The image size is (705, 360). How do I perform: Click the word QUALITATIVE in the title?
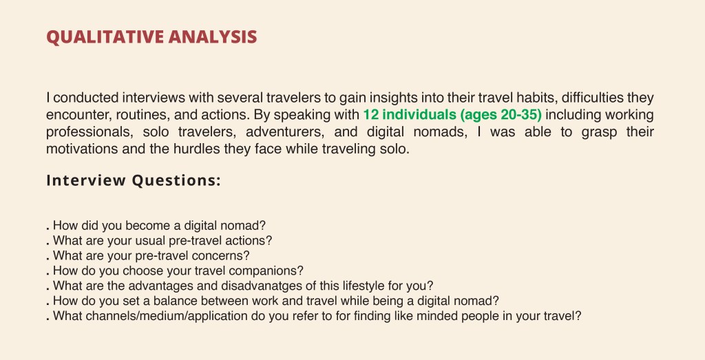point(105,37)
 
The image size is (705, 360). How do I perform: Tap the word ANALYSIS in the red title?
point(213,37)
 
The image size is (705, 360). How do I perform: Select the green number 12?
point(371,114)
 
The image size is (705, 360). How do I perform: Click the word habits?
point(537,98)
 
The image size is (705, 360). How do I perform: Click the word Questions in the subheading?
point(176,180)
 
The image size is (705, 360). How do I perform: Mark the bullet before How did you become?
point(48,229)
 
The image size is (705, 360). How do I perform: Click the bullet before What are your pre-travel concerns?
point(48,260)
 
